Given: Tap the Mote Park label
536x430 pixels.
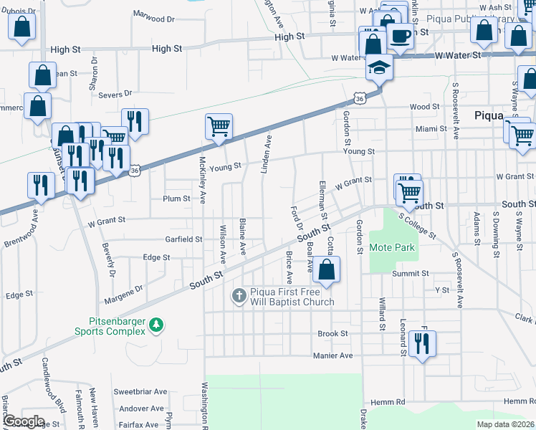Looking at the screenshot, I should coord(392,247).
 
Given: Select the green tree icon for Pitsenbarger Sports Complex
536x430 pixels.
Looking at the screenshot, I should coord(156,327).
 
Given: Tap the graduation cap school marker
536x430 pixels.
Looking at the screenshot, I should coord(378,69).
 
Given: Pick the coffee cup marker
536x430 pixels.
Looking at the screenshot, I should coord(401,35).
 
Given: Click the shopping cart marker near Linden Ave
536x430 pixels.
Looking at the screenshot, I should coord(219,127).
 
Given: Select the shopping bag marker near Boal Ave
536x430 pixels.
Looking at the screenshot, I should coord(326,270).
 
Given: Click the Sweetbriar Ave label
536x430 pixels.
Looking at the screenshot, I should coord(140,393).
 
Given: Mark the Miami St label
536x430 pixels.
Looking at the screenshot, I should coord(432,129).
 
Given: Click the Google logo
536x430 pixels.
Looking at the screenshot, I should coord(23,421).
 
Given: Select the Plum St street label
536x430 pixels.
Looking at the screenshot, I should coord(176,199).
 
